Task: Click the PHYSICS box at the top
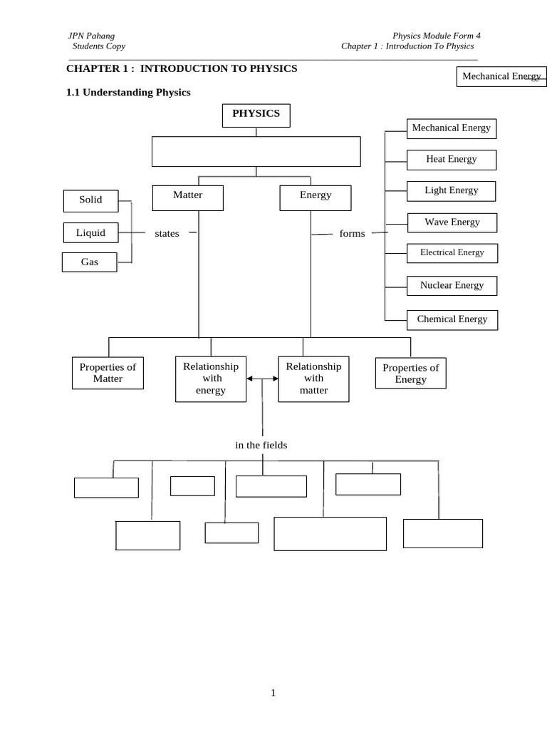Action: click(256, 115)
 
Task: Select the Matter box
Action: click(187, 197)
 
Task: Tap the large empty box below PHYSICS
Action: click(256, 151)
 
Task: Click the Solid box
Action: click(90, 201)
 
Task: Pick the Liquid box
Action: click(90, 233)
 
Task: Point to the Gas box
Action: click(89, 262)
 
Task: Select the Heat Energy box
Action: click(451, 160)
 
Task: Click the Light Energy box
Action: click(451, 191)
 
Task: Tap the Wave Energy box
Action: click(452, 222)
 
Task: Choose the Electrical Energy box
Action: click(452, 253)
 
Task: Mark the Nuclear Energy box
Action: click(452, 286)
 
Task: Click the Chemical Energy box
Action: click(452, 319)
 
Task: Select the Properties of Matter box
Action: click(108, 373)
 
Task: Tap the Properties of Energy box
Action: click(410, 373)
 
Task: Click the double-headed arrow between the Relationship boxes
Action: click(262, 379)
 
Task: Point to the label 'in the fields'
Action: click(261, 446)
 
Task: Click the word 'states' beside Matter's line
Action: click(167, 234)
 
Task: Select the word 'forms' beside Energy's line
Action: click(352, 234)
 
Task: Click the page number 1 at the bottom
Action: click(273, 693)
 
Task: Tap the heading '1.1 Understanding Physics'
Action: click(128, 93)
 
